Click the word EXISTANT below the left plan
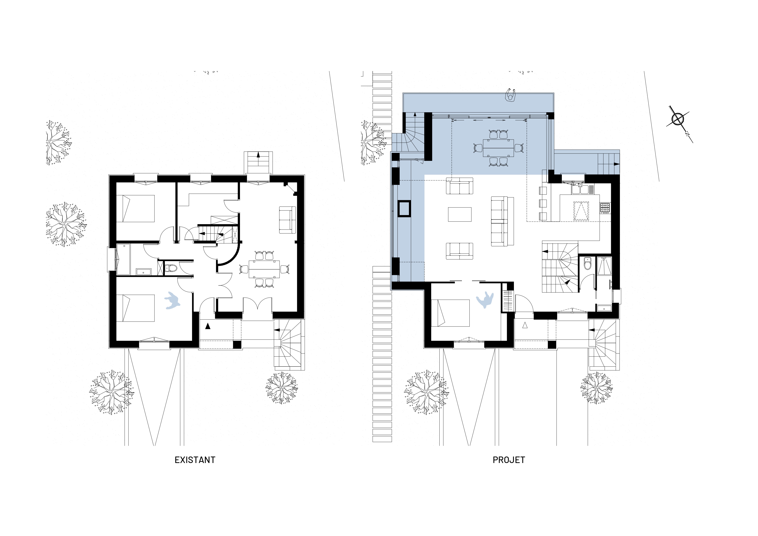(195, 460)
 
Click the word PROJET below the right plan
(509, 460)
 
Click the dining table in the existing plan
(264, 269)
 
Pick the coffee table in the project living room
(459, 214)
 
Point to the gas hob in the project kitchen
(605, 208)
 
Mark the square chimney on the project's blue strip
(404, 209)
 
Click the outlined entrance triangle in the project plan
(524, 325)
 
